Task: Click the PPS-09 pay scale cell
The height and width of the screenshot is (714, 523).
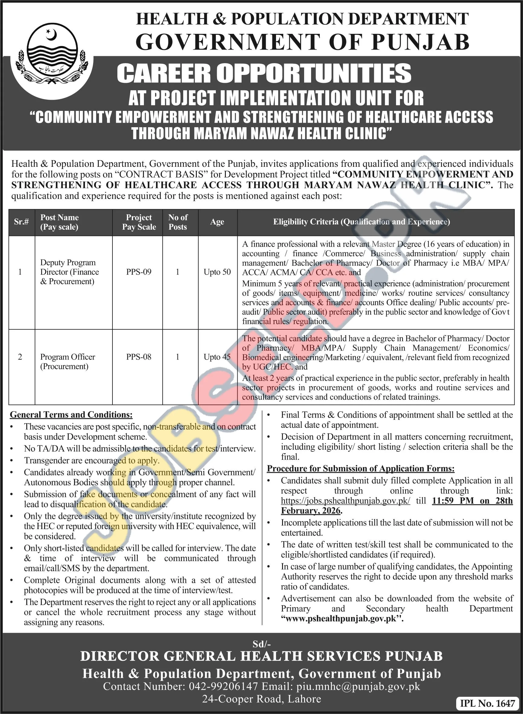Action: point(139,272)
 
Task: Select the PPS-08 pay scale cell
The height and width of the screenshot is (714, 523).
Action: point(139,357)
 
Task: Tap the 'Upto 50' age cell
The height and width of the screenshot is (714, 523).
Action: point(217,272)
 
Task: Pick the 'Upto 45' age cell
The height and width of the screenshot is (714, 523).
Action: point(217,357)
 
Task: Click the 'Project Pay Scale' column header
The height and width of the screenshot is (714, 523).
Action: point(139,222)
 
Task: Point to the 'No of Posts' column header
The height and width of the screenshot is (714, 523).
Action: point(178,222)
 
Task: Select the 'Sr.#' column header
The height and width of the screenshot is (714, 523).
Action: point(21,222)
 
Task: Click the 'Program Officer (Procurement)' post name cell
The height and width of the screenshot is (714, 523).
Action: point(67,362)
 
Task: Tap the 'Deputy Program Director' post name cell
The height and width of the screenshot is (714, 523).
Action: point(69,272)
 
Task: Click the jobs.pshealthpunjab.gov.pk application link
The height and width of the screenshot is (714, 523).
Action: point(346,501)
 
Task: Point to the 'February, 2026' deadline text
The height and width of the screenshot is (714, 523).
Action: point(311,511)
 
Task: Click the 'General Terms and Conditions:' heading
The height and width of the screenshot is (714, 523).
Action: point(71,415)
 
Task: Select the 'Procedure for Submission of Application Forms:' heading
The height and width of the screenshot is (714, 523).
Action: point(361,469)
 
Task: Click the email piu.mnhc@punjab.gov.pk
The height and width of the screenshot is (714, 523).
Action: point(358,686)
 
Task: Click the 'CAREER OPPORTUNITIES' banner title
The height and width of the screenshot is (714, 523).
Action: point(264,73)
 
